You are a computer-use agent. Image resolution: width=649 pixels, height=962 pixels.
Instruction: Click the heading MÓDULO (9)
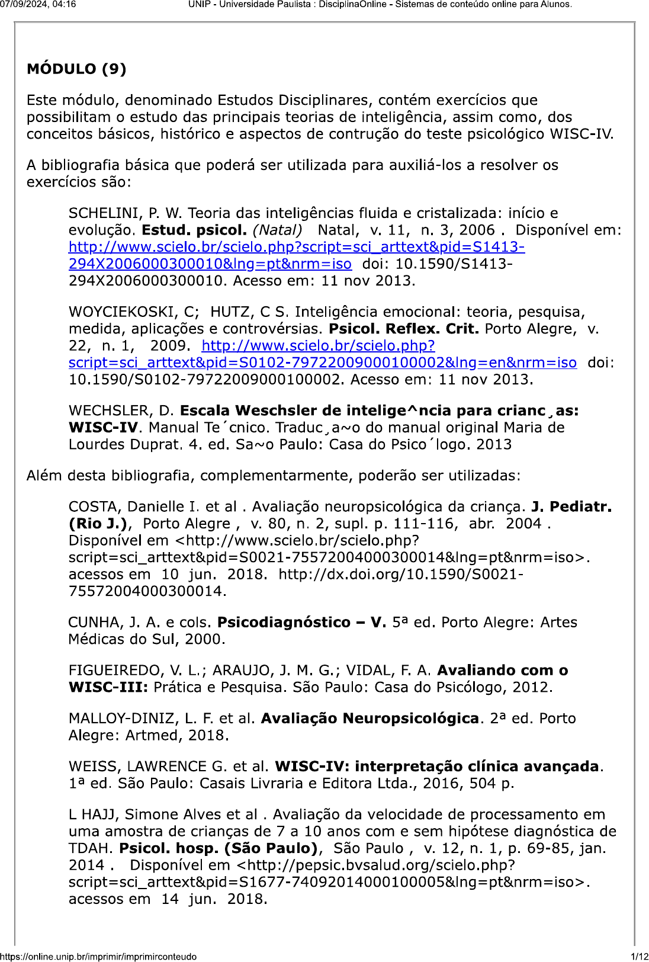click(76, 69)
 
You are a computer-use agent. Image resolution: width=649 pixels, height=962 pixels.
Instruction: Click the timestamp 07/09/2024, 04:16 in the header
click(38, 5)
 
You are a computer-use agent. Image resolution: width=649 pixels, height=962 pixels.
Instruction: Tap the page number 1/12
click(640, 956)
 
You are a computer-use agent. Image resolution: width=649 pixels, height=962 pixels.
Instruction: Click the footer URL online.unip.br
click(98, 956)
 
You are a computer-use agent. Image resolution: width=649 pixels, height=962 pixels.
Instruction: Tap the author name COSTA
click(94, 507)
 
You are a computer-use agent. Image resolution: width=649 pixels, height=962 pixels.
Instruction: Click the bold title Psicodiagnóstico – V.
click(301, 623)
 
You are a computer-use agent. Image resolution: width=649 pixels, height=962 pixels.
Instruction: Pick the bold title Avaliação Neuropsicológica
click(370, 719)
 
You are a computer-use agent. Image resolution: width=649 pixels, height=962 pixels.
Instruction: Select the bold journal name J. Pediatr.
click(571, 507)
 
